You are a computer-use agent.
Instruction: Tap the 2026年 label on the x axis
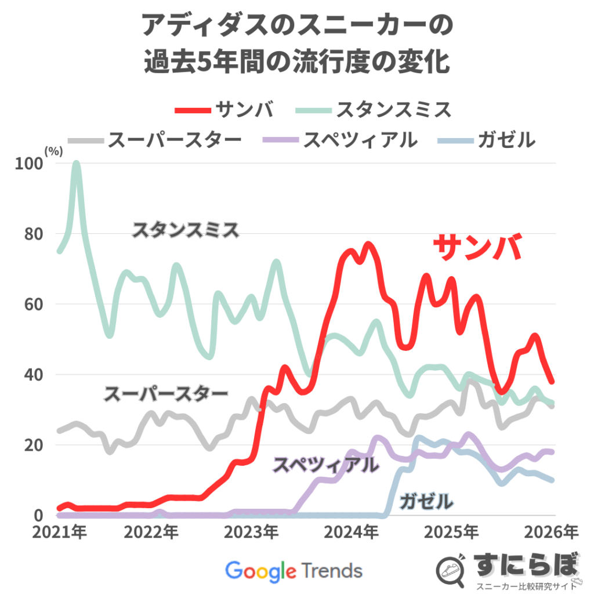(555, 531)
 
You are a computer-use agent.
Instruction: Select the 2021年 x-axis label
(59, 531)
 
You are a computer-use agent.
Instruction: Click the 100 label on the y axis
(34, 164)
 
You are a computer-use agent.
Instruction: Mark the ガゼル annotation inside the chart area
(426, 500)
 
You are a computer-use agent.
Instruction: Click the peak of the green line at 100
(76, 164)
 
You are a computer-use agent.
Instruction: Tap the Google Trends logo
(294, 570)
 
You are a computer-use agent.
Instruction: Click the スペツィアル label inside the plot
(327, 464)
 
